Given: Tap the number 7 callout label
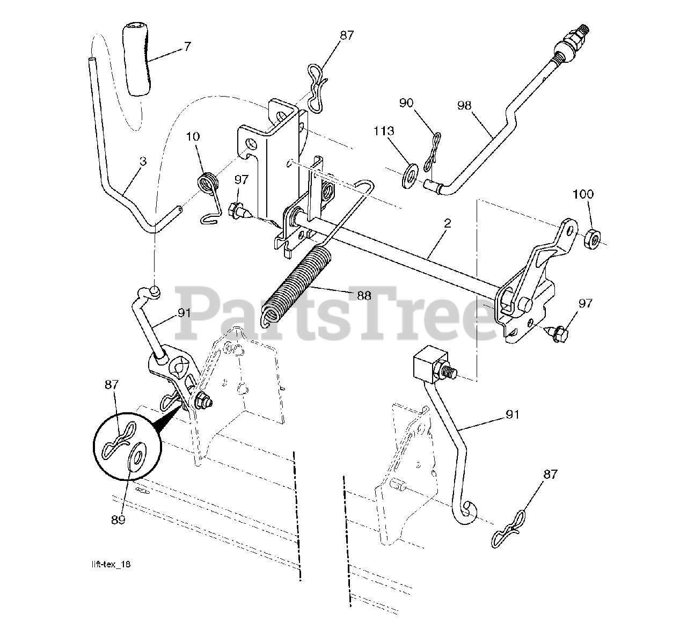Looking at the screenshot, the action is click(187, 47).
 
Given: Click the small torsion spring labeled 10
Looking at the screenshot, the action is click(209, 184).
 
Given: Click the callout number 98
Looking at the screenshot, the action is click(464, 105).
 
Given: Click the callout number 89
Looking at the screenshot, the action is click(118, 520).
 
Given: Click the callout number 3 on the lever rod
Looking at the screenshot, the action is click(142, 161).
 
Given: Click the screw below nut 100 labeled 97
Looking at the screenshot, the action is click(558, 335).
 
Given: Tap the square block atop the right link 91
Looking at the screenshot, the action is click(430, 366).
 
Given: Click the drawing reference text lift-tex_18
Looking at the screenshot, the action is click(110, 564).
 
